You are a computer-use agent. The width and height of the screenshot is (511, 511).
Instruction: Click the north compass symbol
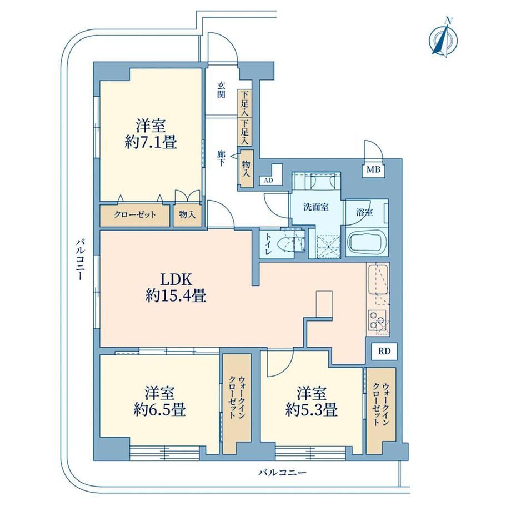(443, 38)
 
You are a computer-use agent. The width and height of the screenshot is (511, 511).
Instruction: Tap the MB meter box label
(373, 169)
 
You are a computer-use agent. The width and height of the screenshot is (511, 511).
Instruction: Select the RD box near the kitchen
(384, 351)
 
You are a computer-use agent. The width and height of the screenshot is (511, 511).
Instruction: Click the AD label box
(269, 180)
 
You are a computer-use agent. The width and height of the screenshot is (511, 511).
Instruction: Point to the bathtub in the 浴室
(367, 244)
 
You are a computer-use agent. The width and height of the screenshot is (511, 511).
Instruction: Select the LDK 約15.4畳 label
(176, 288)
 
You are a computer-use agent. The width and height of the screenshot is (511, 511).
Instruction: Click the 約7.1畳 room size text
(151, 142)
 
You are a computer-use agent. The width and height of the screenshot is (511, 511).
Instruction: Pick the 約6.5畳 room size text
(160, 410)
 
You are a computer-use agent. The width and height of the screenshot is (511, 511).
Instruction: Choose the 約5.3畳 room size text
(311, 410)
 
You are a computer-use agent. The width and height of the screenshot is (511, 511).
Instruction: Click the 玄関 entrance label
(221, 90)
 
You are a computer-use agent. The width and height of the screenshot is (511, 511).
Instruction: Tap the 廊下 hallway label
(221, 158)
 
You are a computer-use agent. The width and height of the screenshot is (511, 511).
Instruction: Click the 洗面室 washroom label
(316, 207)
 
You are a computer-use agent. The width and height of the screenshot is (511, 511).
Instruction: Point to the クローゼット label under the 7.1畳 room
(135, 215)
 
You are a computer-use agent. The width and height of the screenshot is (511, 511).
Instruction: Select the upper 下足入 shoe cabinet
(244, 103)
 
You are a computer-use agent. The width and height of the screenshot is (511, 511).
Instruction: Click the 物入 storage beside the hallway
(246, 168)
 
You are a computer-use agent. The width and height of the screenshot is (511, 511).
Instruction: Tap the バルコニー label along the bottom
(282, 473)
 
